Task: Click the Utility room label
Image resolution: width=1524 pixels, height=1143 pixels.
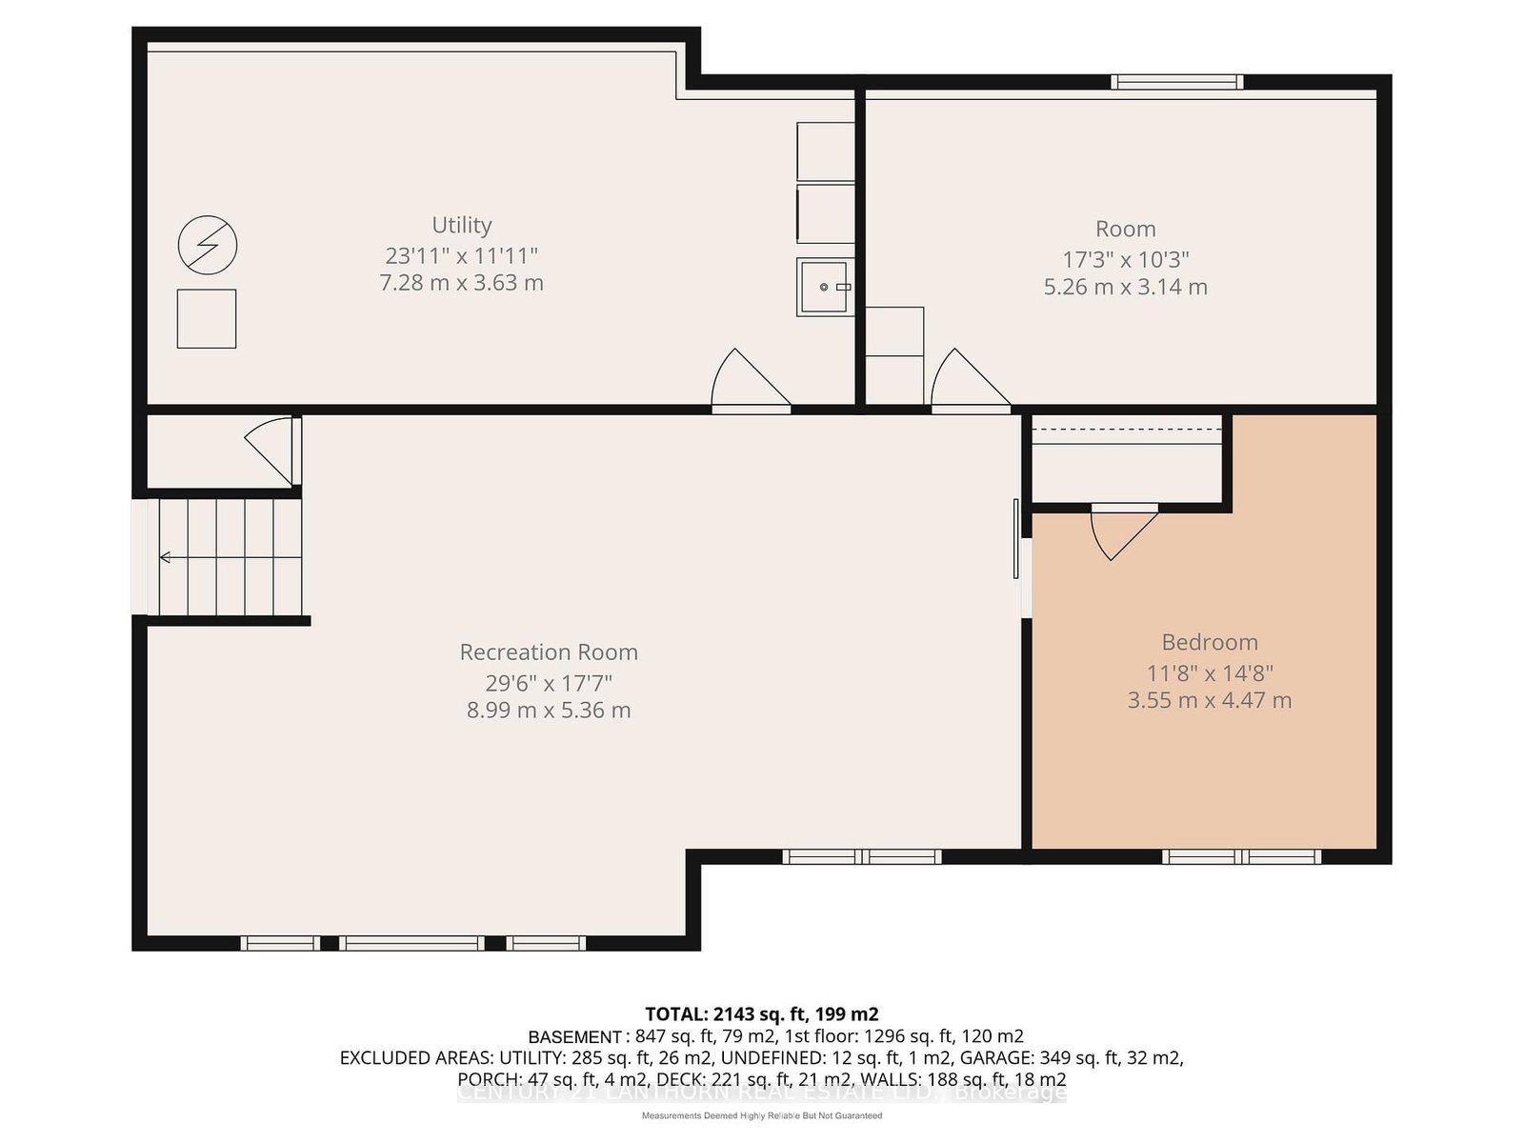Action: point(462,225)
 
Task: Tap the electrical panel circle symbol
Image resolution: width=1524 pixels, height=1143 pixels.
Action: point(208,246)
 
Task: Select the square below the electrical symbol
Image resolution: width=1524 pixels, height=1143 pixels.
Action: point(207,319)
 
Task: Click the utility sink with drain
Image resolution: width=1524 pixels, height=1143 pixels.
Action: point(824,287)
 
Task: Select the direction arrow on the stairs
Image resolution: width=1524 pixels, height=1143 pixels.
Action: point(166,557)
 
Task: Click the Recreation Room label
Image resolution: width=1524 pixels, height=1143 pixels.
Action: point(549,652)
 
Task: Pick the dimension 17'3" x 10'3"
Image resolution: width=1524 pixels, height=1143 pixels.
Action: point(1126,259)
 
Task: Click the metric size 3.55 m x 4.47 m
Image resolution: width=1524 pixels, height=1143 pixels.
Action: point(1210,700)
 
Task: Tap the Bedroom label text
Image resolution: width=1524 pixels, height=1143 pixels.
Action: point(1210,642)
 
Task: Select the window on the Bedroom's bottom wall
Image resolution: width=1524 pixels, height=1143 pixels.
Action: point(1241,856)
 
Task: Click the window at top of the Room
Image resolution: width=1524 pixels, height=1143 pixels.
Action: point(1177,83)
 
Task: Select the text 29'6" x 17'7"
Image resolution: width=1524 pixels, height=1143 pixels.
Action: point(549,683)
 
